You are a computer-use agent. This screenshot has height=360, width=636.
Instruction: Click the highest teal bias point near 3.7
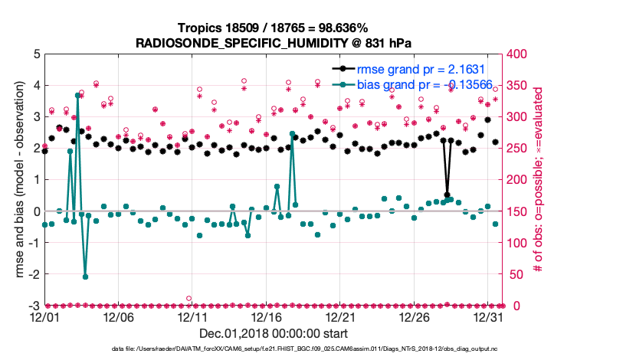(78, 95)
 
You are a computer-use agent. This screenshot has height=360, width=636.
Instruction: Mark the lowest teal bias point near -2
(85, 277)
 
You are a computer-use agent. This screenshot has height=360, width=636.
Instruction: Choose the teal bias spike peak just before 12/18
(292, 134)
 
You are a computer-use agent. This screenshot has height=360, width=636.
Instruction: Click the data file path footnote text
(317, 349)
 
